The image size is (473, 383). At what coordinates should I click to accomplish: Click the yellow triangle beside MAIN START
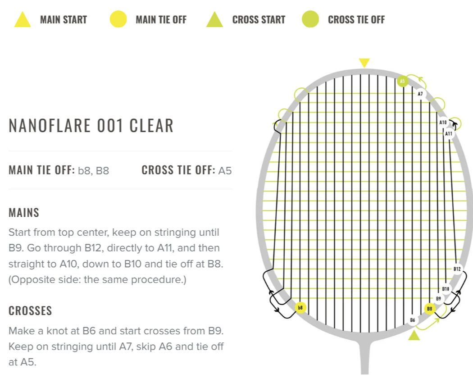23,20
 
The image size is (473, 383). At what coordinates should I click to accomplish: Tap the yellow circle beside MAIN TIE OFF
118,19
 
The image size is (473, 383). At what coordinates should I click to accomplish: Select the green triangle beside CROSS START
214,20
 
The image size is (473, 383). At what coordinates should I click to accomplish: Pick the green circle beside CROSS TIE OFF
310,19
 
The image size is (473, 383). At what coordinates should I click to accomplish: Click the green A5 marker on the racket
402,81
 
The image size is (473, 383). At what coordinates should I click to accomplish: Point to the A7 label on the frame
420,94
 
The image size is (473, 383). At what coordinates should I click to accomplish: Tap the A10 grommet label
443,122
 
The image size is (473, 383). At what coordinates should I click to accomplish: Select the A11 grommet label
449,133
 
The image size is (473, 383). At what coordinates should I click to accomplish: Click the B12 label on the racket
457,269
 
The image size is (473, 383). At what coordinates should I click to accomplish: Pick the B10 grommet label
446,289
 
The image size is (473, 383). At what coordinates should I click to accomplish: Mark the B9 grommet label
438,298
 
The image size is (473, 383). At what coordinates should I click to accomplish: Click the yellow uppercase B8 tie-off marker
430,309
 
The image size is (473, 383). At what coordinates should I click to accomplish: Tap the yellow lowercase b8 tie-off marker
300,308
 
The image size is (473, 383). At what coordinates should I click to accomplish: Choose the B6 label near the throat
412,320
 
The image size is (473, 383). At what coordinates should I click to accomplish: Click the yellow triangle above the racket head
364,63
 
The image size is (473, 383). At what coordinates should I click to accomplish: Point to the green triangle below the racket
414,336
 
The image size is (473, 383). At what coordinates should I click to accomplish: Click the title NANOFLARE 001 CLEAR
91,126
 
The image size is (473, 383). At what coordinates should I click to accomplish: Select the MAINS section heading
24,213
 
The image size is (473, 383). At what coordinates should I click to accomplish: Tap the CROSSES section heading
30,310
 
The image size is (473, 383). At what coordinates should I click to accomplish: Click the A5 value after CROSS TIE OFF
225,170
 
